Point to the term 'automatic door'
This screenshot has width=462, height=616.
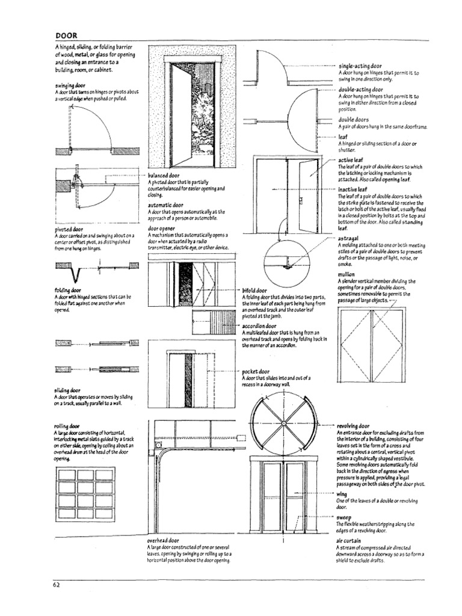pyautogui.click(x=165, y=205)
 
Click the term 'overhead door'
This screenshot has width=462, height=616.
pyautogui.click(x=164, y=541)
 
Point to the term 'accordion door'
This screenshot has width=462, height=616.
pyautogui.click(x=259, y=325)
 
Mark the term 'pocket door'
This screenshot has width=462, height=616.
pyautogui.click(x=255, y=372)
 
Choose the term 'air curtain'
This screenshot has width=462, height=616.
pyautogui.click(x=349, y=541)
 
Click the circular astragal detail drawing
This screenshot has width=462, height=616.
pyautogui.click(x=286, y=263)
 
